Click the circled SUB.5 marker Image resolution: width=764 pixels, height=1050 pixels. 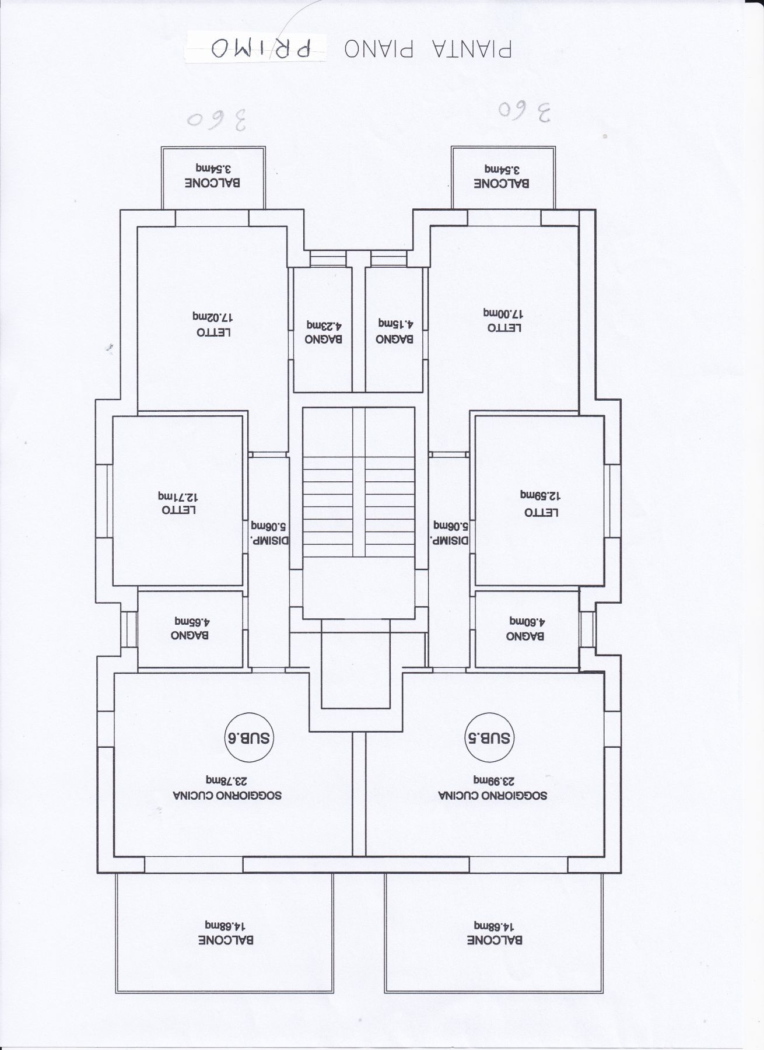pyautogui.click(x=489, y=738)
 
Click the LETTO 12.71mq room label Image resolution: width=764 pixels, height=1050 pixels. pyautogui.click(x=178, y=503)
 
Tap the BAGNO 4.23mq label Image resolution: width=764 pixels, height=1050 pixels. pyautogui.click(x=324, y=332)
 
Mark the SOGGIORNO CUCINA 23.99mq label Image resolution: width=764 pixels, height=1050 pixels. pyautogui.click(x=493, y=787)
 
